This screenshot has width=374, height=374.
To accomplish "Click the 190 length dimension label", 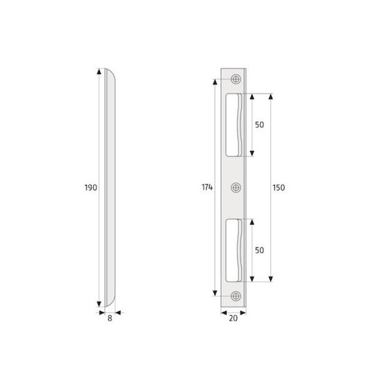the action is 91,188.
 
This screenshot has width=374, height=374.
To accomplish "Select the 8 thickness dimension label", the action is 109,318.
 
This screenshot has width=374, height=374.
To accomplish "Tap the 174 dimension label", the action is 207,188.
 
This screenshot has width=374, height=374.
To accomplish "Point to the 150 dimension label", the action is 278,188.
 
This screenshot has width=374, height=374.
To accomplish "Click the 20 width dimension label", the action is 233,318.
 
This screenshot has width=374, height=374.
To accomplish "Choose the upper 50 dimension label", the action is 260,125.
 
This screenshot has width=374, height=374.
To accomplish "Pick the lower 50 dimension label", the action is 260,250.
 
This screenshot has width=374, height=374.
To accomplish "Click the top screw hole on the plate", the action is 236,79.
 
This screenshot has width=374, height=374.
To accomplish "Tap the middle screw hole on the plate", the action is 236,188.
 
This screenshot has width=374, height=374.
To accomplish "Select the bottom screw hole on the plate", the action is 236,296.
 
